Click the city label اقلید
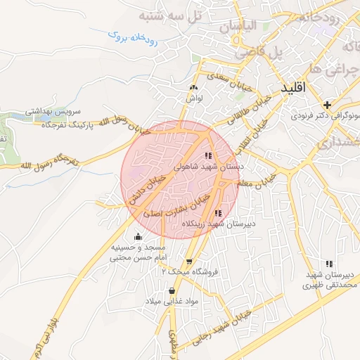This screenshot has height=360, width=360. tap(294, 89)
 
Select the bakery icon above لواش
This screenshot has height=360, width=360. tap(193, 86)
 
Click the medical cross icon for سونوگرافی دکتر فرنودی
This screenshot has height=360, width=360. tap(327, 104)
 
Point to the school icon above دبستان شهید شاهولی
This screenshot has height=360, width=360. tap(207, 156)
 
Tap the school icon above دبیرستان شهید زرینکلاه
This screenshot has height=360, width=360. tap(218, 212)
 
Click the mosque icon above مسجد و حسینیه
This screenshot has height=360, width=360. tap(138, 236)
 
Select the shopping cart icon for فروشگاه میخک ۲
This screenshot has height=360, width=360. tap(188, 260)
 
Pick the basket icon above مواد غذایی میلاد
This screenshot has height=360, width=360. tap(172, 290)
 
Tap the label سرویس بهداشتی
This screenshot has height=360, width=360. tap(54, 112)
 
